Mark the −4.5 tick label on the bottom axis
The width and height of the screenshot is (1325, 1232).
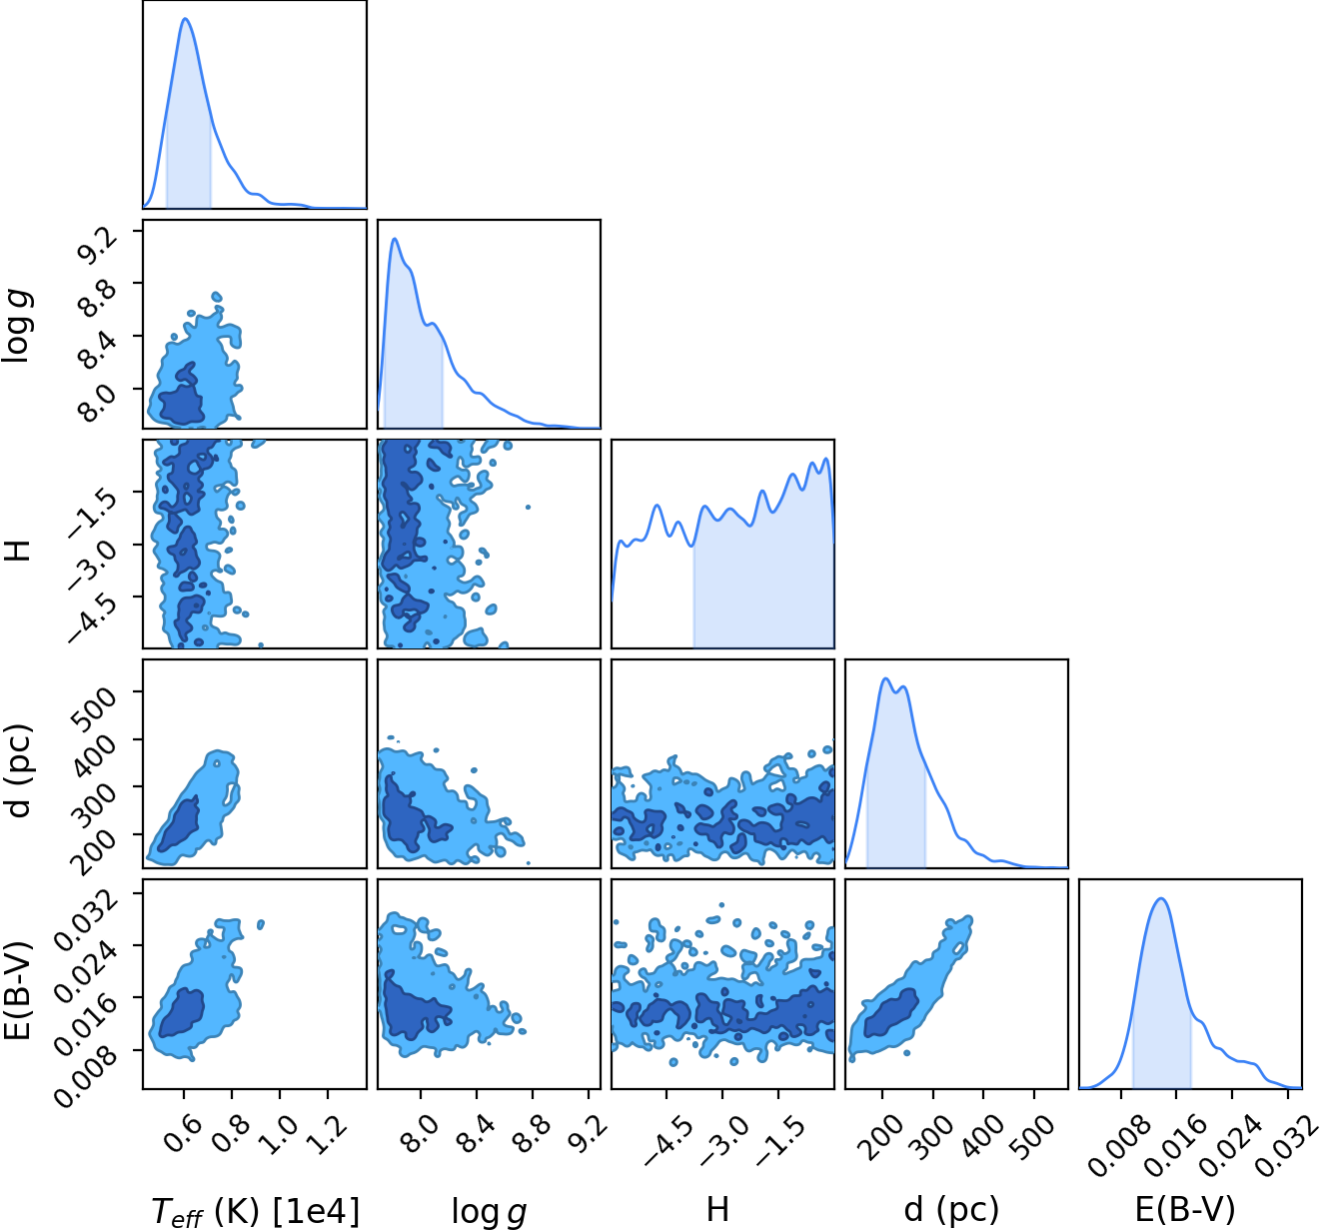pyautogui.click(x=667, y=1141)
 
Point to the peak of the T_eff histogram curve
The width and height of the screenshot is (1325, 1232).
pyautogui.click(x=186, y=18)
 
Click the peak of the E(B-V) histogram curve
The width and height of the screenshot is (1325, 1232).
pyautogui.click(x=1161, y=898)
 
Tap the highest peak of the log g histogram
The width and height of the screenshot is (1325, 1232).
pyautogui.click(x=395, y=238)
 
